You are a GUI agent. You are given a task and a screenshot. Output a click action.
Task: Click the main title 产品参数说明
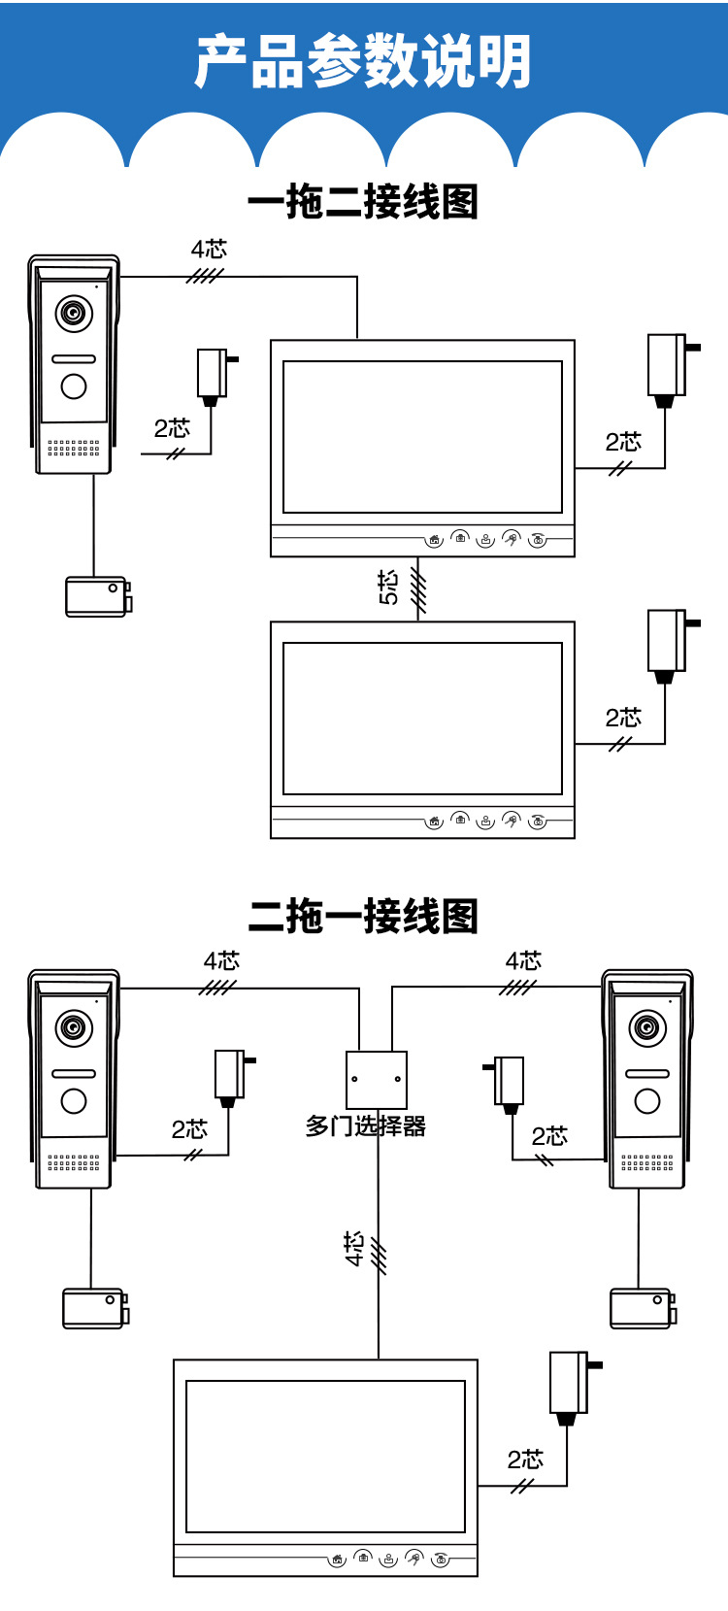[363, 61]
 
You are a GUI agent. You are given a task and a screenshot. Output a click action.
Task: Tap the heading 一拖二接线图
[363, 202]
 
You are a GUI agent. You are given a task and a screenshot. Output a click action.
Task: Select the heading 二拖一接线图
[363, 916]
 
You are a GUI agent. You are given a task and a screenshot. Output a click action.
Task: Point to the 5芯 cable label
[388, 587]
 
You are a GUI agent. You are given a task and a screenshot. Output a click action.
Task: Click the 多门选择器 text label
[366, 1126]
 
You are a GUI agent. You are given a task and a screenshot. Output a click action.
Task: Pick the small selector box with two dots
[377, 1079]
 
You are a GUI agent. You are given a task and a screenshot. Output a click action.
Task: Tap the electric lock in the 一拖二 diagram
[97, 596]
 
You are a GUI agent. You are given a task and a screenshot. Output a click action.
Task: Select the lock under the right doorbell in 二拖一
[642, 1308]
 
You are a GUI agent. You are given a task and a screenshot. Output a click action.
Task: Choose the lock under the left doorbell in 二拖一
[94, 1308]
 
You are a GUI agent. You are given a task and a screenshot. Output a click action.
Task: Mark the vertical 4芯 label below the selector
[354, 1249]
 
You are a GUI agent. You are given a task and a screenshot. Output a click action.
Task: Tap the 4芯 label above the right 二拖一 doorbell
[523, 961]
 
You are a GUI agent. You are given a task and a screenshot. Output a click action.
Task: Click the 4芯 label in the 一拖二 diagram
[209, 250]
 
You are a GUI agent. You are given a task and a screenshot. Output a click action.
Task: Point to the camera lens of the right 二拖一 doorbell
[647, 1028]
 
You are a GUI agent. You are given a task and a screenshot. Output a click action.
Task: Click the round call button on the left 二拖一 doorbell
[74, 1101]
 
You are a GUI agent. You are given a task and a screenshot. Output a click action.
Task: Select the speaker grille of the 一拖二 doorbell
[74, 448]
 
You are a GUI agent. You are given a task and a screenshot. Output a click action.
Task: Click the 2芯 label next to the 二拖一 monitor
[525, 1460]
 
